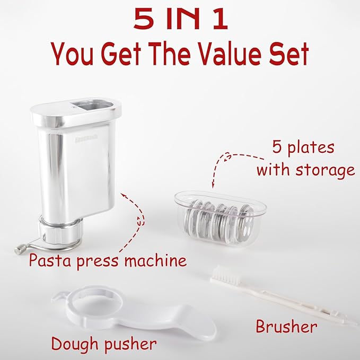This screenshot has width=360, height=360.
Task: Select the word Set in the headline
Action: point(289,54)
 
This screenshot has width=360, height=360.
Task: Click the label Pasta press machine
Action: point(108,260)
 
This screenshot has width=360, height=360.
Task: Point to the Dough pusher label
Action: point(104,344)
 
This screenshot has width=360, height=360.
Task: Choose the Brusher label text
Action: point(286,326)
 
